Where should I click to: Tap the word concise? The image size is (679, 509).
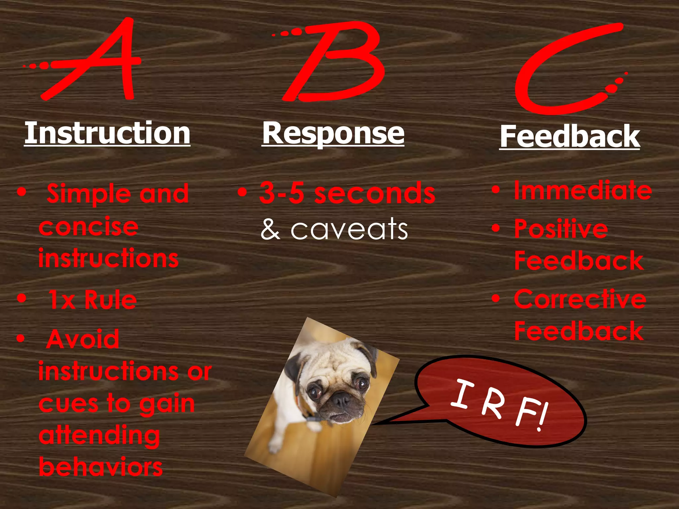[x=88, y=227]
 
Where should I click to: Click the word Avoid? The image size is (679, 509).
[x=83, y=339]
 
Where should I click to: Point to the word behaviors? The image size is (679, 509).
[x=101, y=467]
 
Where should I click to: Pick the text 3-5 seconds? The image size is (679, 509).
[x=347, y=193]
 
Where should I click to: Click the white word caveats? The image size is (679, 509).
[x=349, y=229]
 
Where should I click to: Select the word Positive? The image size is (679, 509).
[x=561, y=229]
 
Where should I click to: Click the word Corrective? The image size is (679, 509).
[x=580, y=299]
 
